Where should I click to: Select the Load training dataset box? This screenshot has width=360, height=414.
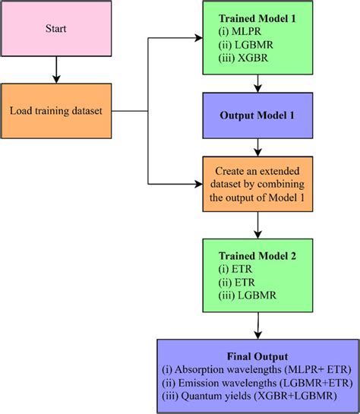click(x=55, y=112)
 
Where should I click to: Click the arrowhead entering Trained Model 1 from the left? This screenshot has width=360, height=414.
click(x=200, y=40)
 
